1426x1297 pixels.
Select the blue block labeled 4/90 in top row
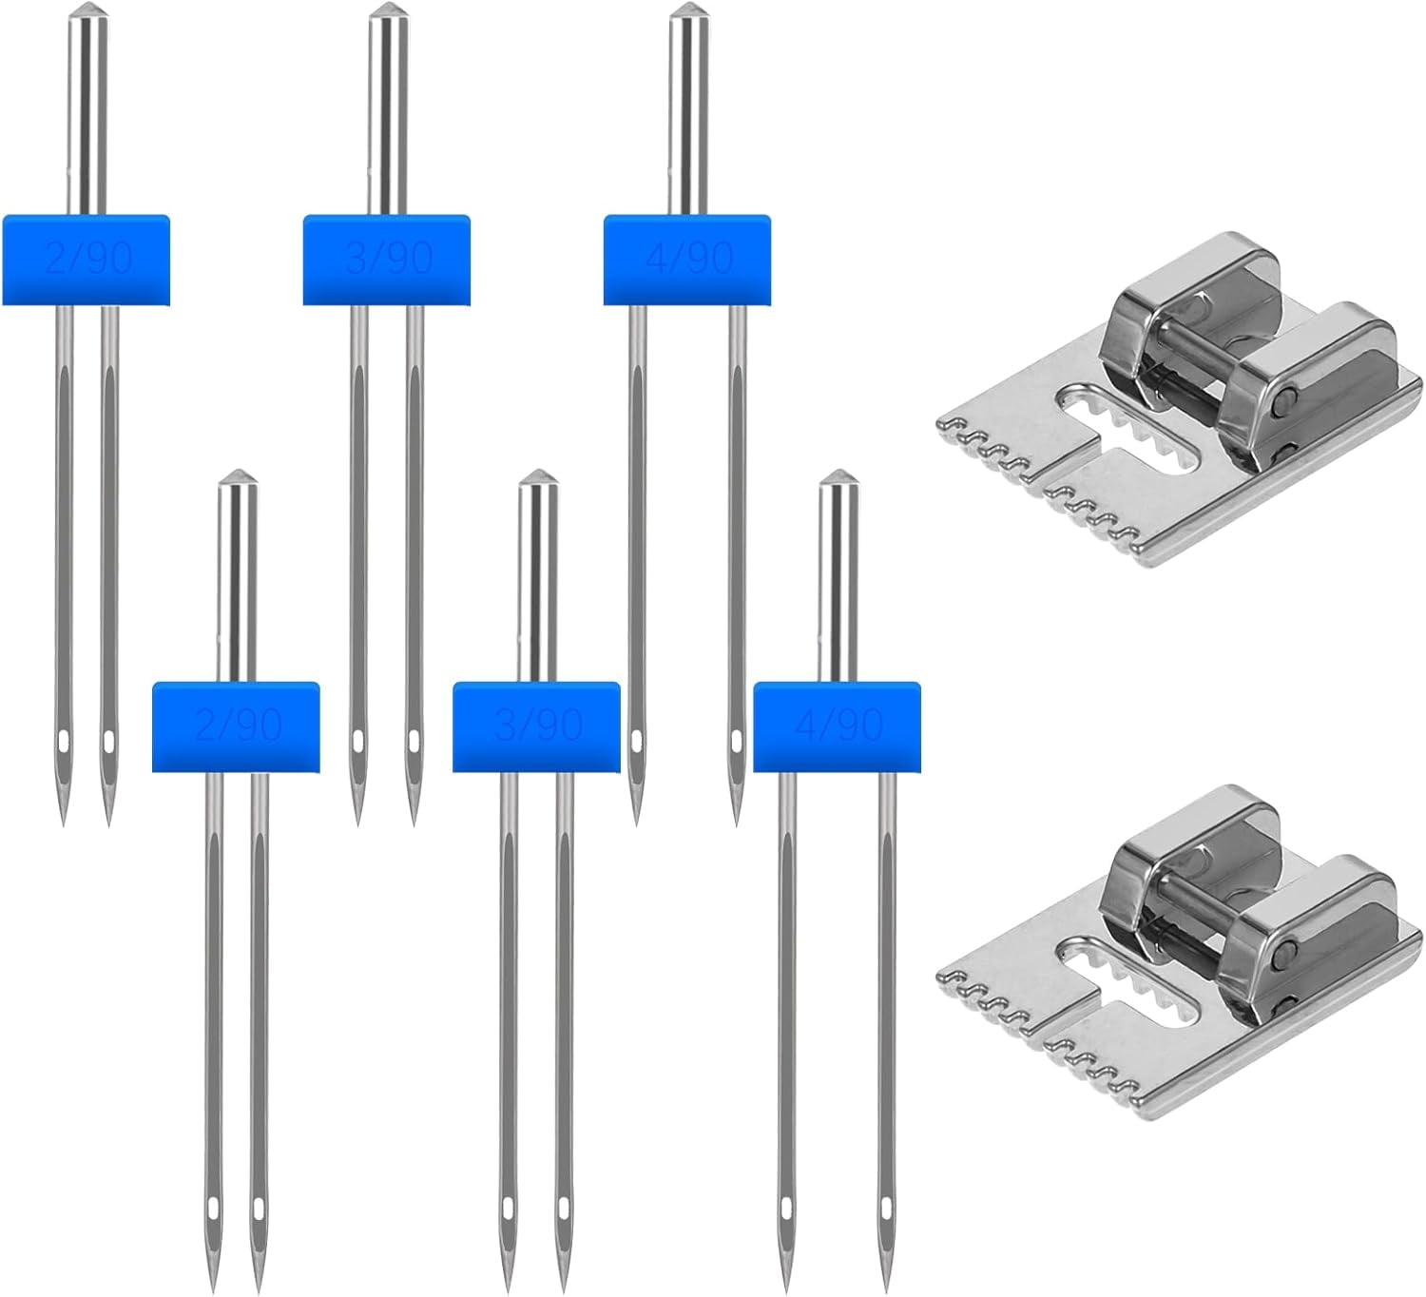pos(686,259)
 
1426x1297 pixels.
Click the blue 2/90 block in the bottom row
pos(236,726)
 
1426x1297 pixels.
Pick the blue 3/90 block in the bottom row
pos(536,726)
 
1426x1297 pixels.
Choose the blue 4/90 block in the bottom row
pos(837,726)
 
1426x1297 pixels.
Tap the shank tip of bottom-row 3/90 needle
pos(536,477)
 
